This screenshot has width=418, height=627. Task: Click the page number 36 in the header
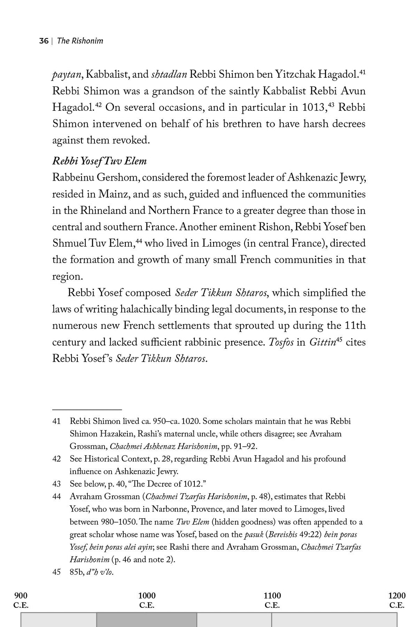[x=44, y=41]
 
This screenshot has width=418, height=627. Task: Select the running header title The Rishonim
[x=80, y=41]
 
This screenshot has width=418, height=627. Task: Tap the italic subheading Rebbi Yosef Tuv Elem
[x=99, y=161]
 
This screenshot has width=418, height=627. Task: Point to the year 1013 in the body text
[x=313, y=107]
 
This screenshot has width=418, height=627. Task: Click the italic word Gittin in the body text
[x=322, y=343]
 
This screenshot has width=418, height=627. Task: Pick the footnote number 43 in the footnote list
[x=56, y=484]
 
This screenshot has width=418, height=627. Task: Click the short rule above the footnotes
[x=87, y=410]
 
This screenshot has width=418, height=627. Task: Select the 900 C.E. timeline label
[x=21, y=600]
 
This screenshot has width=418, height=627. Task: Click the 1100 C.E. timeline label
[x=272, y=600]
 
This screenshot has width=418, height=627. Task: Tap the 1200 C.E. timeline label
[x=397, y=600]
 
